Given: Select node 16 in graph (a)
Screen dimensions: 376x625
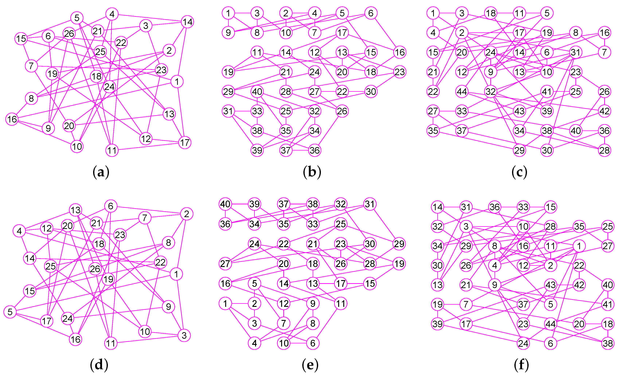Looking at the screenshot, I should (x=12, y=119).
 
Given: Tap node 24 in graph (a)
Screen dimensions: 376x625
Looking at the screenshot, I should (x=109, y=87).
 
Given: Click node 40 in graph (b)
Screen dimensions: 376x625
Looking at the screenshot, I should (x=257, y=92).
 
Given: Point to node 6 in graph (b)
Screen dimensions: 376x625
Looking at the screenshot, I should (x=371, y=13).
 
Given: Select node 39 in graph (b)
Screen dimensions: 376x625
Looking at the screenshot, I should (x=257, y=150).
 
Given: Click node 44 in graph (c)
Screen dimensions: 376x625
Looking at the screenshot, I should (x=462, y=92).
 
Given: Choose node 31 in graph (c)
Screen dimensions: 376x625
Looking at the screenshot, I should (x=575, y=52).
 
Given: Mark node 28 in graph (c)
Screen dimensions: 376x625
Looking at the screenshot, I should (x=604, y=150).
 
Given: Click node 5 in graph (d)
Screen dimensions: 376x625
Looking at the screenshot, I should (x=10, y=312).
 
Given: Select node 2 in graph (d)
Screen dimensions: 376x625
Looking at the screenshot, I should (x=186, y=214).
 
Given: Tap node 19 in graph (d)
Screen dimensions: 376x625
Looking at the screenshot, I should (x=108, y=279).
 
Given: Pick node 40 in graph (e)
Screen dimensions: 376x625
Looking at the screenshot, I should (x=225, y=204).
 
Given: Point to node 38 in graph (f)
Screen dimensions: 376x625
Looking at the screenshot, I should (x=608, y=343).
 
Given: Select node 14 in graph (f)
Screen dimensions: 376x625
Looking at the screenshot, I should (x=437, y=207).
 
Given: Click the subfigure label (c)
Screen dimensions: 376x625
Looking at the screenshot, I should (x=519, y=172).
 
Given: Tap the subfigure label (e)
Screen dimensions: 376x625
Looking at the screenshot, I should (x=310, y=365).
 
